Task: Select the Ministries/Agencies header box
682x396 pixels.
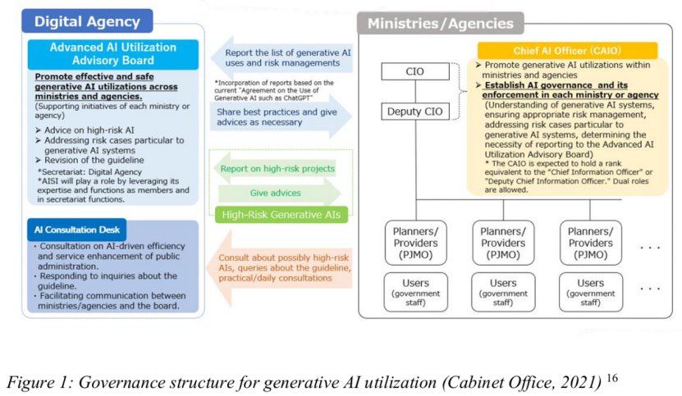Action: click(440, 23)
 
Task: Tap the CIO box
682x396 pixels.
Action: click(415, 71)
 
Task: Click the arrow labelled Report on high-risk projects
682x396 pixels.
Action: click(277, 169)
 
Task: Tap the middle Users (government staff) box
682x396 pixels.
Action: click(503, 292)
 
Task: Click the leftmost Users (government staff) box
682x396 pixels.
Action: click(415, 292)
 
